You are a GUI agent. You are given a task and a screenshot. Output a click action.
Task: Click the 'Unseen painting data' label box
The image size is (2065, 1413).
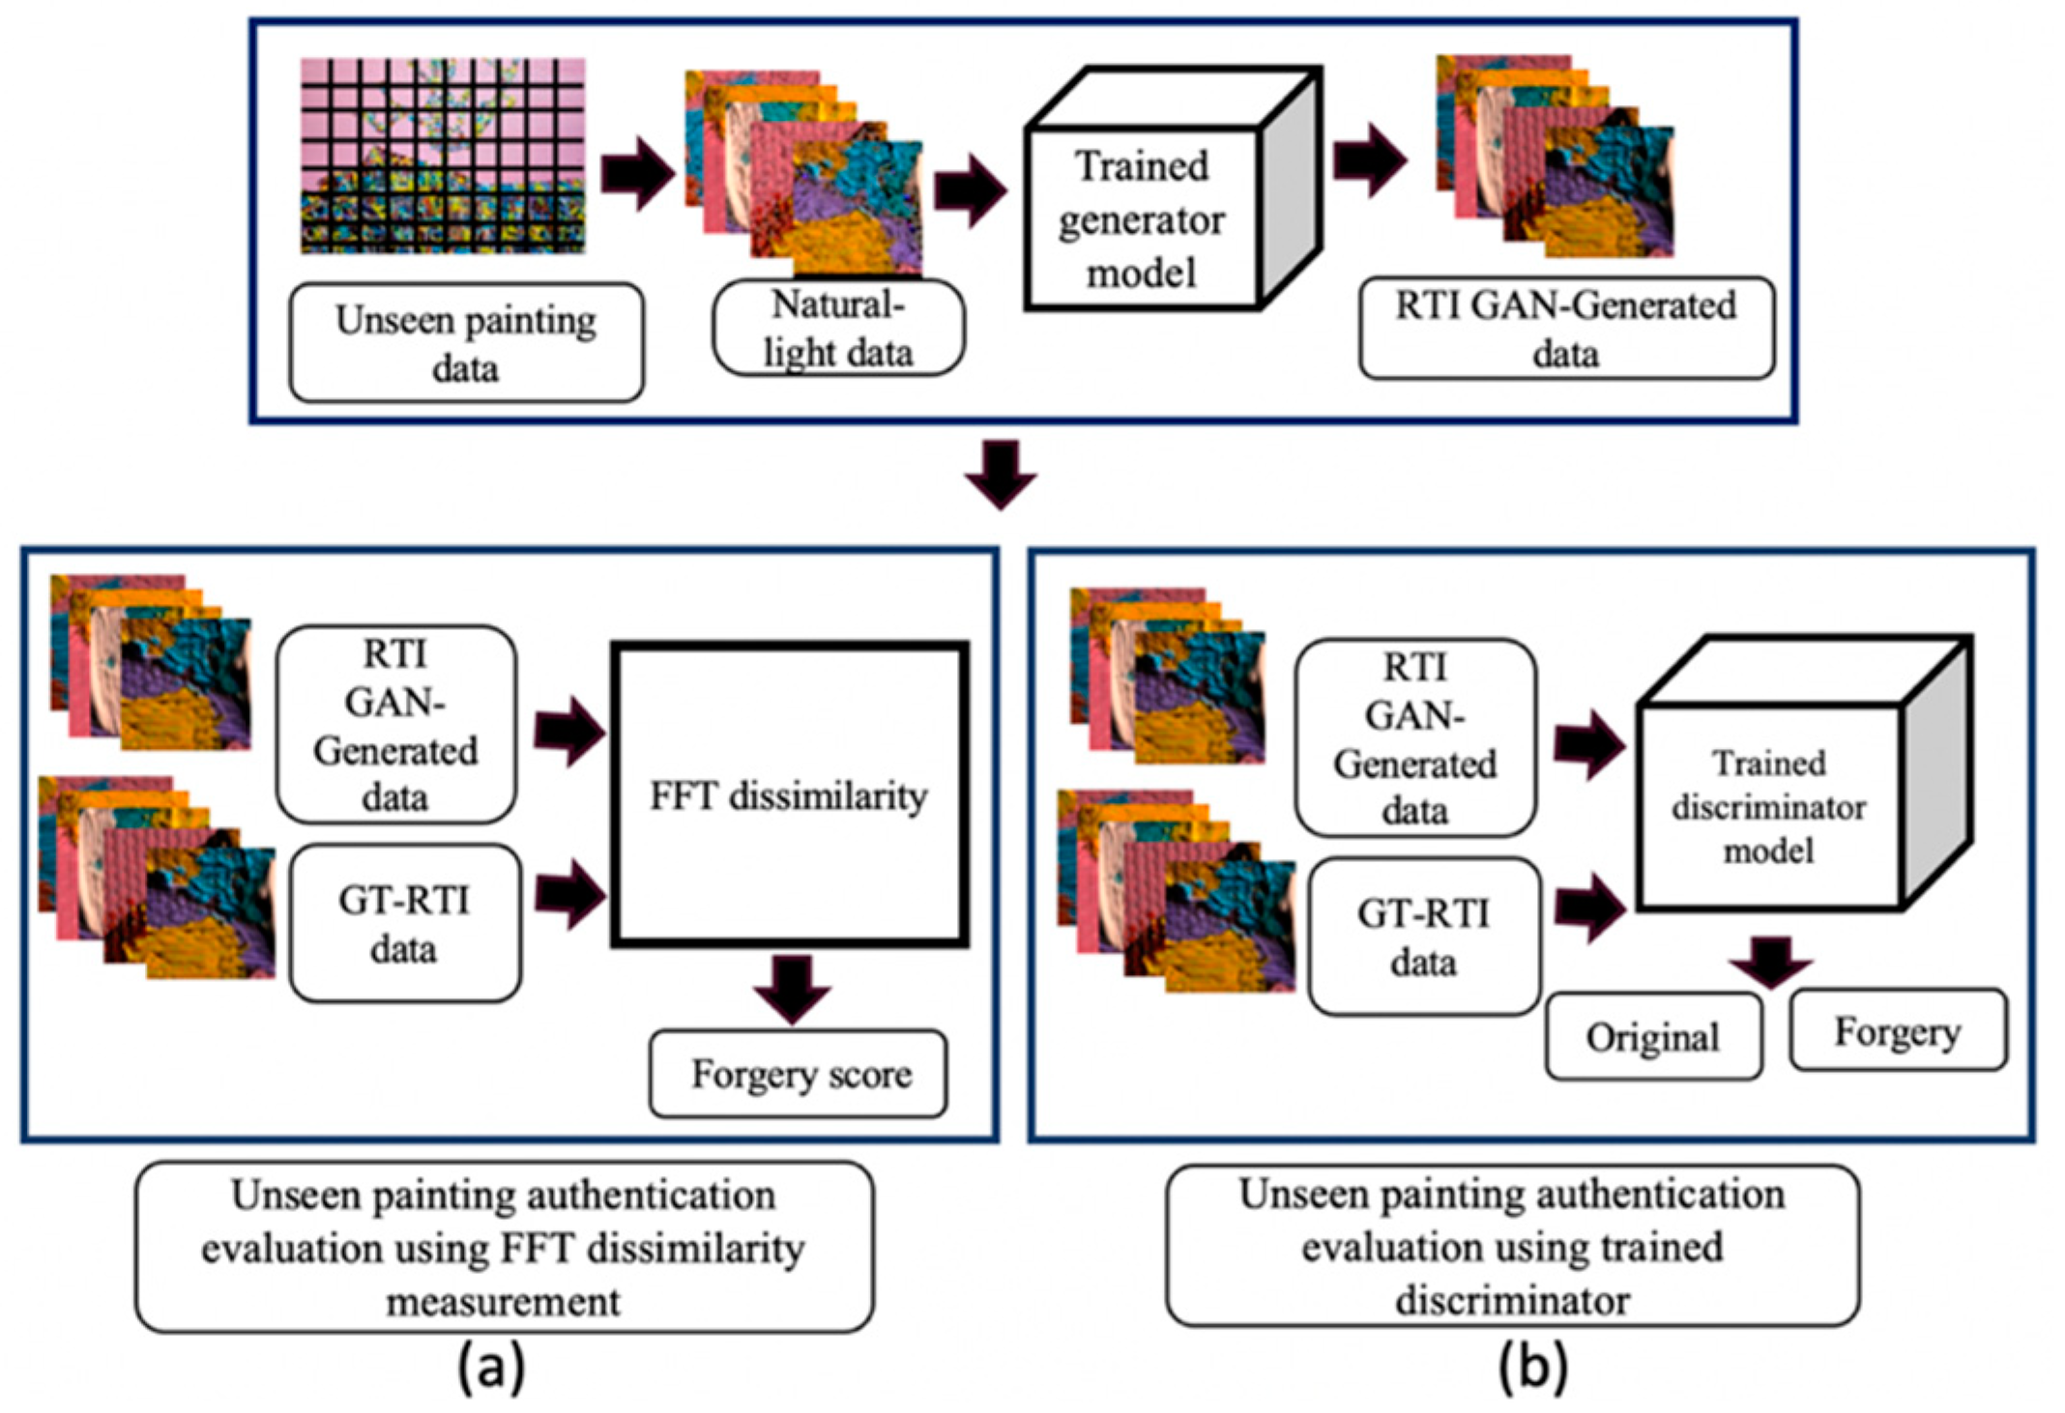(x=466, y=342)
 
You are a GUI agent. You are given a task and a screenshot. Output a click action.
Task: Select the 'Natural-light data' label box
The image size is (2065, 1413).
(x=838, y=328)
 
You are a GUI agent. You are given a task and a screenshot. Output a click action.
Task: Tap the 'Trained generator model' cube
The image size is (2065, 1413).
(x=1143, y=219)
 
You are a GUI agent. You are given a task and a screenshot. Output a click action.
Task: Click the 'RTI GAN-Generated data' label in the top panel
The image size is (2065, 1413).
(x=1566, y=329)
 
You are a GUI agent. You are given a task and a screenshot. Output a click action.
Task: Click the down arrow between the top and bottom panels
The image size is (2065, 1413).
(x=1001, y=474)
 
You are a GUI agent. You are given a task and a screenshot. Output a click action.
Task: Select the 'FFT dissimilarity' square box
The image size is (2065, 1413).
(x=790, y=794)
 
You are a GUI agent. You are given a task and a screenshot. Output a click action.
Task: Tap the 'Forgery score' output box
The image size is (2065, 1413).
(x=799, y=1074)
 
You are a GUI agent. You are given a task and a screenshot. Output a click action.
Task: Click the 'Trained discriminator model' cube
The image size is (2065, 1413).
(x=1771, y=806)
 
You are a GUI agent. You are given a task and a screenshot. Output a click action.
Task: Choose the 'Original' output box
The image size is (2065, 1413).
(x=1653, y=1037)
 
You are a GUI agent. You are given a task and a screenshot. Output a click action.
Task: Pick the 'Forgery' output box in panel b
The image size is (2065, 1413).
(x=1898, y=1031)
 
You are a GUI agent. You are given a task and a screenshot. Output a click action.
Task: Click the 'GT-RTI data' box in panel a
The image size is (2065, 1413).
(x=404, y=924)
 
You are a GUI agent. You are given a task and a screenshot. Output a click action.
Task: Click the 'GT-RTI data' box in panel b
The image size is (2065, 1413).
(x=1423, y=937)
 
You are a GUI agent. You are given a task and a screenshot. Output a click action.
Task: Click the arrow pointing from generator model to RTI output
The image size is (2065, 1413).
(x=1369, y=159)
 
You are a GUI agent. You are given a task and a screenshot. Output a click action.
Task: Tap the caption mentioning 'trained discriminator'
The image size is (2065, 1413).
(x=1512, y=1247)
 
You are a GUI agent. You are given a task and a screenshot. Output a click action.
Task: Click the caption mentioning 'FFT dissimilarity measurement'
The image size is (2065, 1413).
(x=504, y=1248)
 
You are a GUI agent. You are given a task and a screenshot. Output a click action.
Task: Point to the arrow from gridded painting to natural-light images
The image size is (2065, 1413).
(x=637, y=172)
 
